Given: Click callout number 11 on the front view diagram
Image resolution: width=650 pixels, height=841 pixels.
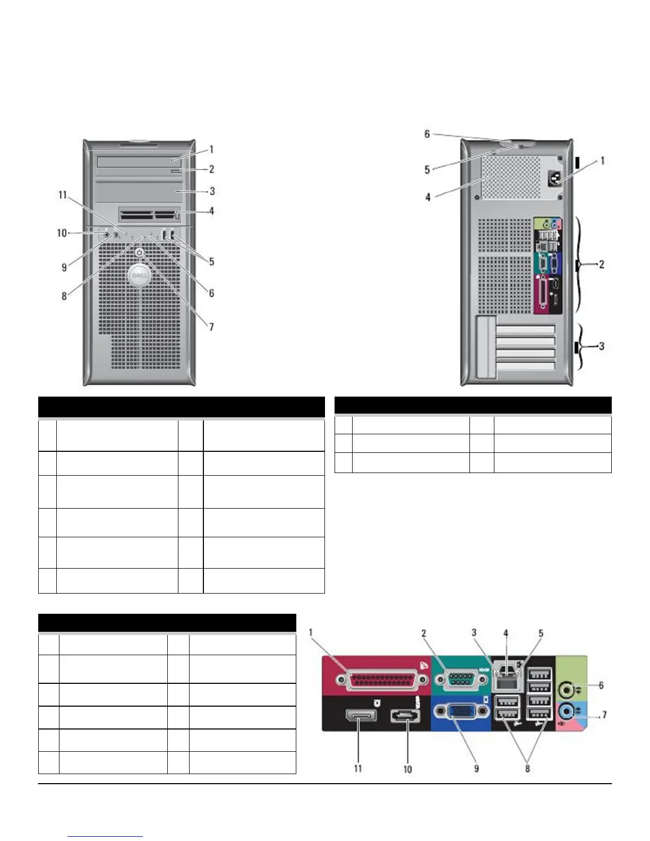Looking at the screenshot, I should [x=63, y=195].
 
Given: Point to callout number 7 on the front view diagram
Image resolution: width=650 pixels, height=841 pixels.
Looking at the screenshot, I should [x=211, y=327].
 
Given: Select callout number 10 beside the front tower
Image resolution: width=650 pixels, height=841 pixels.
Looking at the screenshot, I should [x=62, y=233].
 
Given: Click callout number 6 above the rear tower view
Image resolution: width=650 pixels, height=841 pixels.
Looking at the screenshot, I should [x=427, y=134].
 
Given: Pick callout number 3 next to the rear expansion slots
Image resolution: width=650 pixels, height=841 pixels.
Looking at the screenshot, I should [x=602, y=346].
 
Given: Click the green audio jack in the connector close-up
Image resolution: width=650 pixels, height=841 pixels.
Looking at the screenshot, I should [x=568, y=690].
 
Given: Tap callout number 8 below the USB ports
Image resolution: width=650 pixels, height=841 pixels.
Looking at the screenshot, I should [x=527, y=768].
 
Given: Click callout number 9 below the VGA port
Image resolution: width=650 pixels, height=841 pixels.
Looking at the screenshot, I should [x=476, y=768].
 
